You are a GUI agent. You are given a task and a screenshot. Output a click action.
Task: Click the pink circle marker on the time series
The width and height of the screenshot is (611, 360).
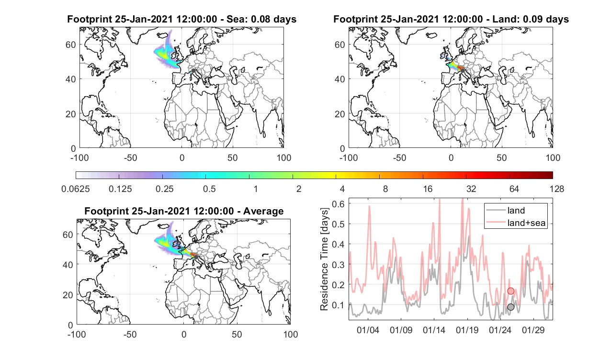[510, 291]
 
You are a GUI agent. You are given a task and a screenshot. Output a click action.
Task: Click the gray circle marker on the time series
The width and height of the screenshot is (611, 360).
[510, 307]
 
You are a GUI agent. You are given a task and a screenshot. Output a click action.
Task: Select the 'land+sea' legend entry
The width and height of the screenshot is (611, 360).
[516, 223]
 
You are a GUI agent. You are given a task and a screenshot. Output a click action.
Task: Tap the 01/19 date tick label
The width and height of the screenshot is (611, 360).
[467, 330]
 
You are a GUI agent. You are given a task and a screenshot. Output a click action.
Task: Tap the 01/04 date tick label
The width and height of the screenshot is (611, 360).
[368, 330]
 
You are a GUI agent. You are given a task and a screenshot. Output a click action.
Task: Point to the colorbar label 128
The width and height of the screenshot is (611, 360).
[556, 189]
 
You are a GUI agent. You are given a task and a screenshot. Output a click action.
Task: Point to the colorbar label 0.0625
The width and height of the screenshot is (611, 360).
[76, 189]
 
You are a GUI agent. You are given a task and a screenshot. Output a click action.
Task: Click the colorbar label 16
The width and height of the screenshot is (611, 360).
[428, 189]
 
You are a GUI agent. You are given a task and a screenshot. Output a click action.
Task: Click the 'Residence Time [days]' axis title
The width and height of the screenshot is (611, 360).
[324, 259]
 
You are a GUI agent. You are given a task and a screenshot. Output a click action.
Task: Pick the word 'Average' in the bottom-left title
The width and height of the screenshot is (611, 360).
[263, 212]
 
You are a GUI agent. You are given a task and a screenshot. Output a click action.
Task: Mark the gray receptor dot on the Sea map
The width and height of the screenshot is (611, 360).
[193, 71]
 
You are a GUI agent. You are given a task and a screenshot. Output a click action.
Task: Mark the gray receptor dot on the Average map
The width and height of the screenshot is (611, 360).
[196, 257]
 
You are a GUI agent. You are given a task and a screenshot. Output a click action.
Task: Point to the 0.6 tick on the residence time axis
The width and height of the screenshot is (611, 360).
[338, 204]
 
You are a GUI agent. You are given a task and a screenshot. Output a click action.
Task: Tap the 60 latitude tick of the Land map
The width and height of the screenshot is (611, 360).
[339, 45]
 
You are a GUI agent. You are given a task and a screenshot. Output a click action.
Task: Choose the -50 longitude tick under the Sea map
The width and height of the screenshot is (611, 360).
[130, 158]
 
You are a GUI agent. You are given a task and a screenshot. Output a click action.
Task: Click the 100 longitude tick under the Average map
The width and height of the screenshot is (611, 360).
[291, 335]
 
